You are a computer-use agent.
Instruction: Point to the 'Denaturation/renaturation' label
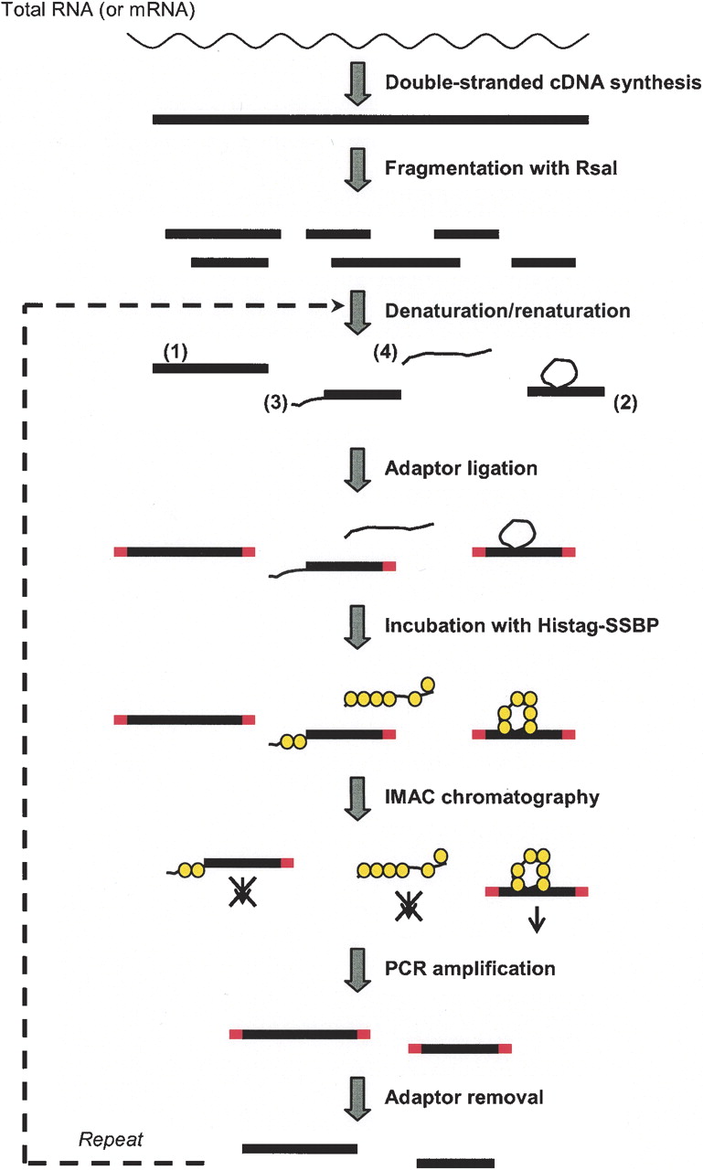coord(507,311)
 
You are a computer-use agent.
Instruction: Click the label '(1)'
coord(175,351)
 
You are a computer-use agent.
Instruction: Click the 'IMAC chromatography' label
coord(492,797)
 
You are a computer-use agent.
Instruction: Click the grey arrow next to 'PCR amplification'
coord(354,969)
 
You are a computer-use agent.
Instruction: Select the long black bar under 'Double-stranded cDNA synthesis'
coord(370,119)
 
